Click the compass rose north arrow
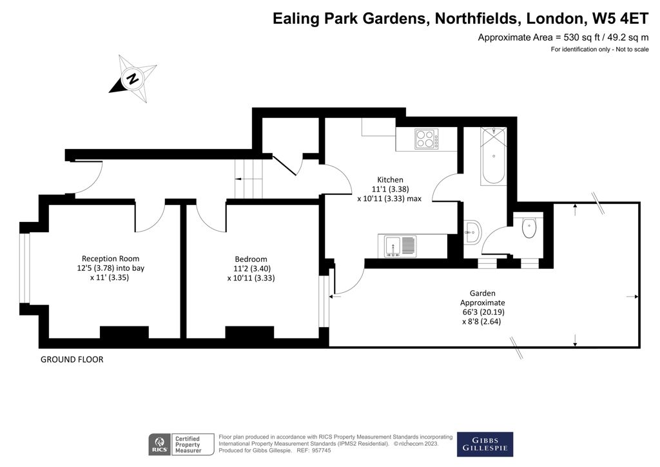[x=133, y=79]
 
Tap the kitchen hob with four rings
[x=424, y=139]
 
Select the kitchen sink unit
[x=400, y=245]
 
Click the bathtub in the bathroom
[x=492, y=156]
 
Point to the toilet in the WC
[x=529, y=227]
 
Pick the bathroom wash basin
[x=472, y=231]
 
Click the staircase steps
[x=249, y=178]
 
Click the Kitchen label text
[x=390, y=179]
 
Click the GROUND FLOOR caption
[x=72, y=359]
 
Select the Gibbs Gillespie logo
[x=485, y=443]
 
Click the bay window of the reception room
[x=25, y=267]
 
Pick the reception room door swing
[x=150, y=219]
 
